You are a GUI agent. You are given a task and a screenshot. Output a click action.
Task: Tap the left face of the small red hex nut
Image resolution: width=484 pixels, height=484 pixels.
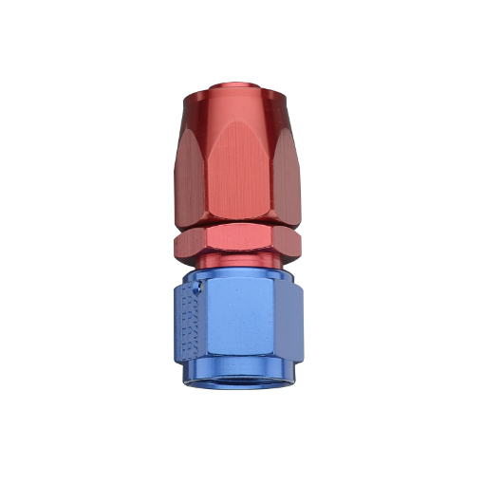click(188, 245)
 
